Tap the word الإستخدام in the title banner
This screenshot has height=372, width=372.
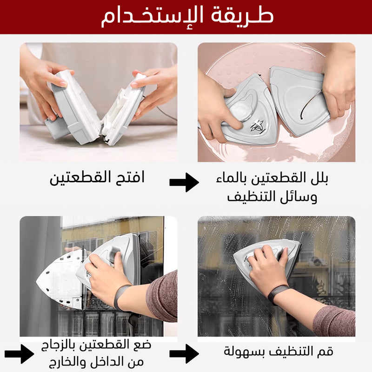pyautogui.click(x=153, y=17)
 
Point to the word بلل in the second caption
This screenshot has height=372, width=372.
pyautogui.click(x=319, y=178)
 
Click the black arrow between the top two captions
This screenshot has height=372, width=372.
pyautogui.click(x=184, y=182)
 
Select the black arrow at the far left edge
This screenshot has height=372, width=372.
pyautogui.click(x=19, y=354)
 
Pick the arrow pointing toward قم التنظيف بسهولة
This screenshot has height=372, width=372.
pyautogui.click(x=184, y=354)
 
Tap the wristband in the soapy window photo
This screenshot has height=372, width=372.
pyautogui.click(x=278, y=295)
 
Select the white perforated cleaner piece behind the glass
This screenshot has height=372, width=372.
pyautogui.click(x=60, y=280)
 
